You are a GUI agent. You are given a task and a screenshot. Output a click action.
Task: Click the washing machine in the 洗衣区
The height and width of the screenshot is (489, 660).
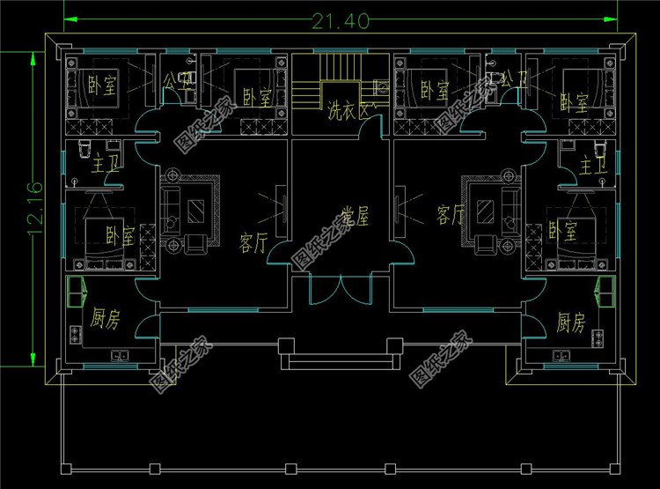382,87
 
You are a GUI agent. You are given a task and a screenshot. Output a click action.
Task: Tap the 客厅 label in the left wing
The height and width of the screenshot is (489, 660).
253,243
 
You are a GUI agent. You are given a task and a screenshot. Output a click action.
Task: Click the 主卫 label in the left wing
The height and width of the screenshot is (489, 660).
104,164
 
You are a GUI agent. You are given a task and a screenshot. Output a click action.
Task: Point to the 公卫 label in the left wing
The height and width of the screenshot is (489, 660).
176,80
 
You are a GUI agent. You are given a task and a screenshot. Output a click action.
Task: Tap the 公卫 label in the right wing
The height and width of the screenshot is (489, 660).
510,80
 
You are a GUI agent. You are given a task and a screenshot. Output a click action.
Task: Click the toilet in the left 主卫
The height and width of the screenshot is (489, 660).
85,145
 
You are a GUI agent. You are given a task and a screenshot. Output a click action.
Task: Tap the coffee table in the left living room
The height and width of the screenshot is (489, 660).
197,210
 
